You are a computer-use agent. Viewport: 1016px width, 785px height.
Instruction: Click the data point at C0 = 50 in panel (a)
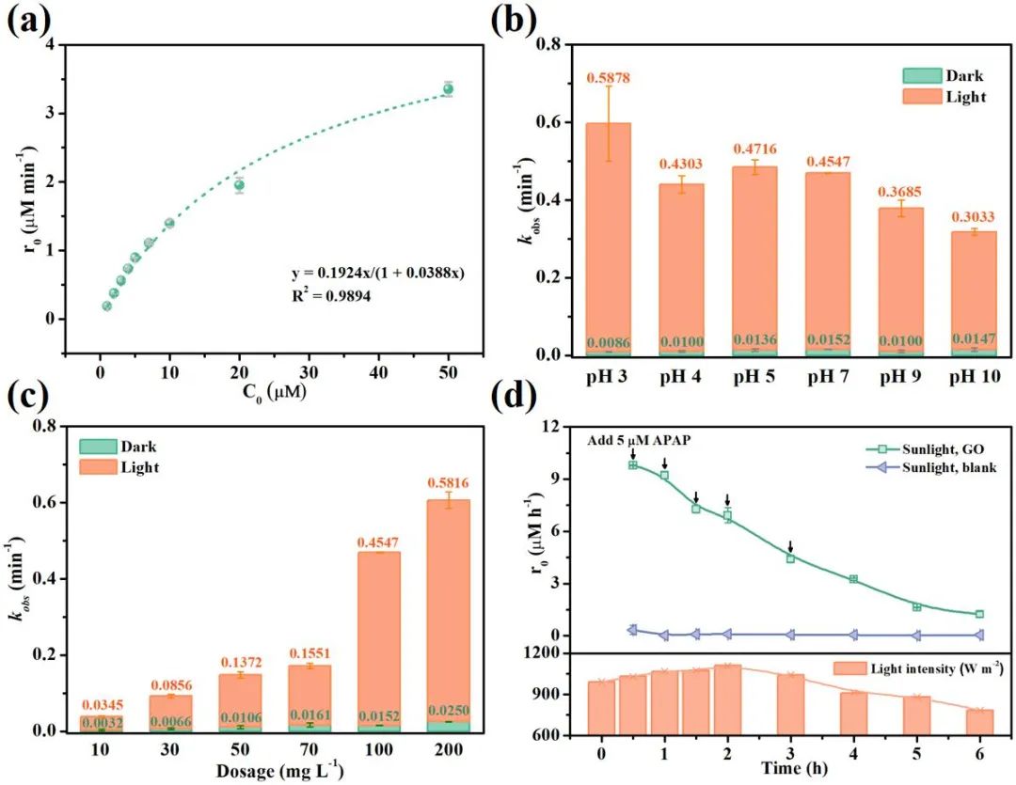tap(448, 89)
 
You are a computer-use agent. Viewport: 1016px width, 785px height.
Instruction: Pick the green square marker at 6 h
tap(979, 614)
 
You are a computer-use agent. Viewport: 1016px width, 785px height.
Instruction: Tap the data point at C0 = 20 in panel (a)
tap(239, 184)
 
